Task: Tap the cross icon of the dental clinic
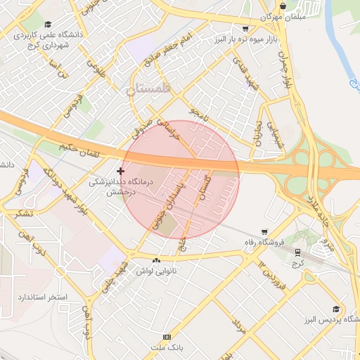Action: pos(121,171)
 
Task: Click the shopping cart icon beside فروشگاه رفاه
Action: pos(264,231)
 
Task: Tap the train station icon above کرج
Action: pos(298,252)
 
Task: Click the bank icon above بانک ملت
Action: pos(167,337)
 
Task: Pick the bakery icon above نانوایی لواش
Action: pos(155,260)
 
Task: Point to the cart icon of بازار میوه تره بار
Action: pos(244,28)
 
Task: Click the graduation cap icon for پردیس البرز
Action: pos(336,309)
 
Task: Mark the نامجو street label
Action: pos(199,115)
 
